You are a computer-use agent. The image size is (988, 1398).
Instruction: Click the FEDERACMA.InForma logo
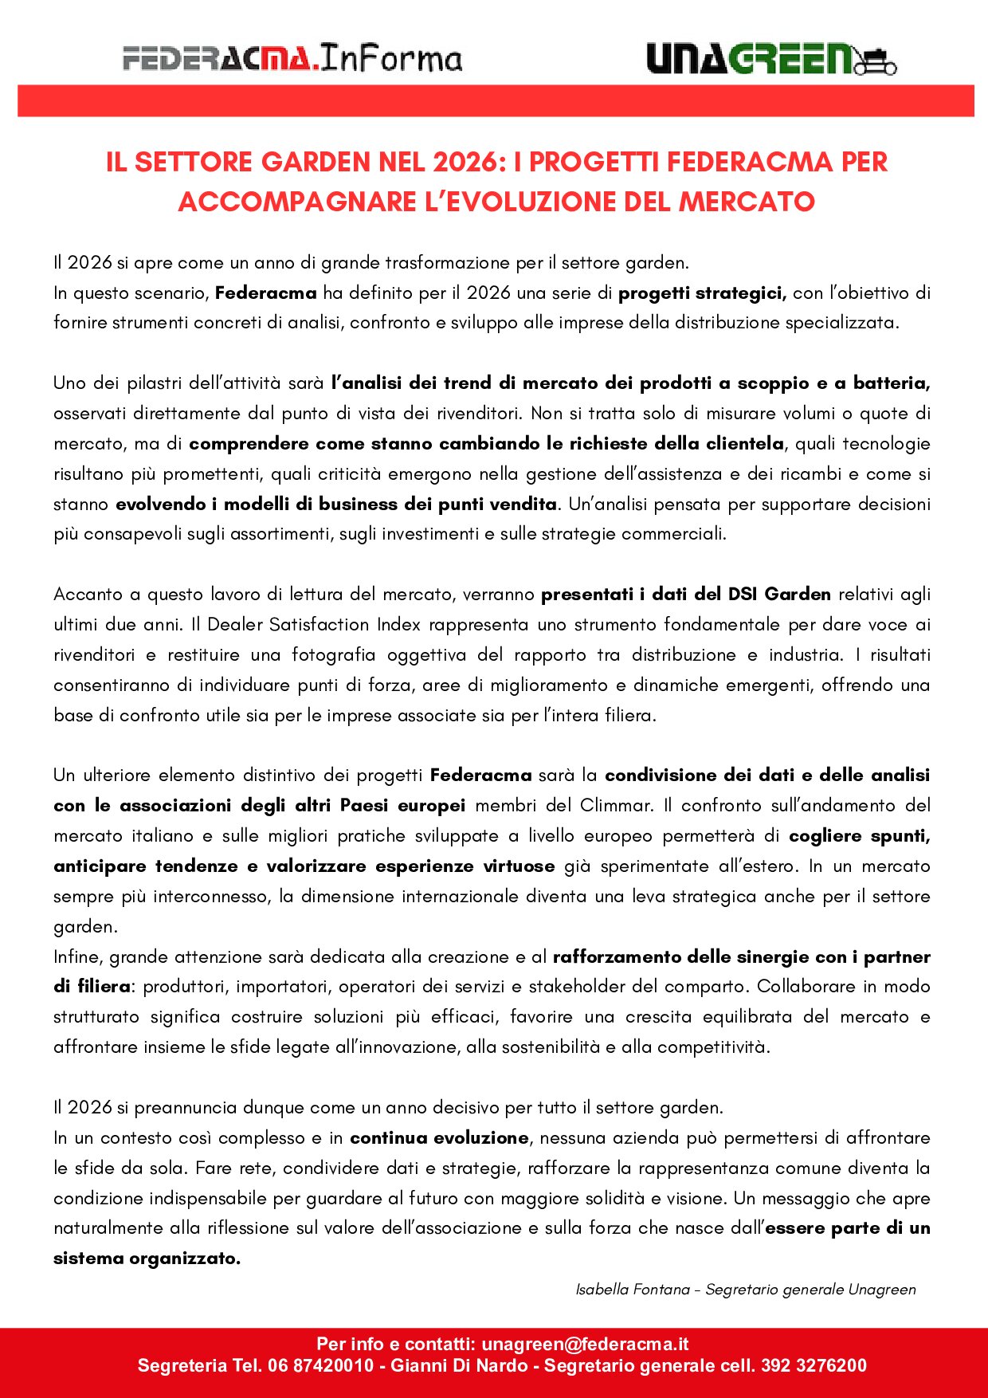(x=292, y=59)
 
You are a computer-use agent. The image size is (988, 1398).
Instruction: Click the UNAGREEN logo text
(x=749, y=59)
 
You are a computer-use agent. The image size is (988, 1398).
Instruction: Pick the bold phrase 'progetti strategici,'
(x=702, y=293)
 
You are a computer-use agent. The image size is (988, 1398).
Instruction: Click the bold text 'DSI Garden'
(x=779, y=594)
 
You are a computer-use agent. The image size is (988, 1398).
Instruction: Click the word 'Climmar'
(x=617, y=805)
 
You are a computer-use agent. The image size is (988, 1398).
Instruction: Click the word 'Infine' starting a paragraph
(x=77, y=956)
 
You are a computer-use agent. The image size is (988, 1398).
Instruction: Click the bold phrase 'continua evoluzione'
(x=439, y=1137)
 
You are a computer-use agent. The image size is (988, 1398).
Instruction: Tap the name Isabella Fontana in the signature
(x=633, y=1290)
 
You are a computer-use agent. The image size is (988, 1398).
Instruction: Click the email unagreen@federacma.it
(x=585, y=1344)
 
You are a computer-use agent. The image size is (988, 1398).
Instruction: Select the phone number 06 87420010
(x=321, y=1365)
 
